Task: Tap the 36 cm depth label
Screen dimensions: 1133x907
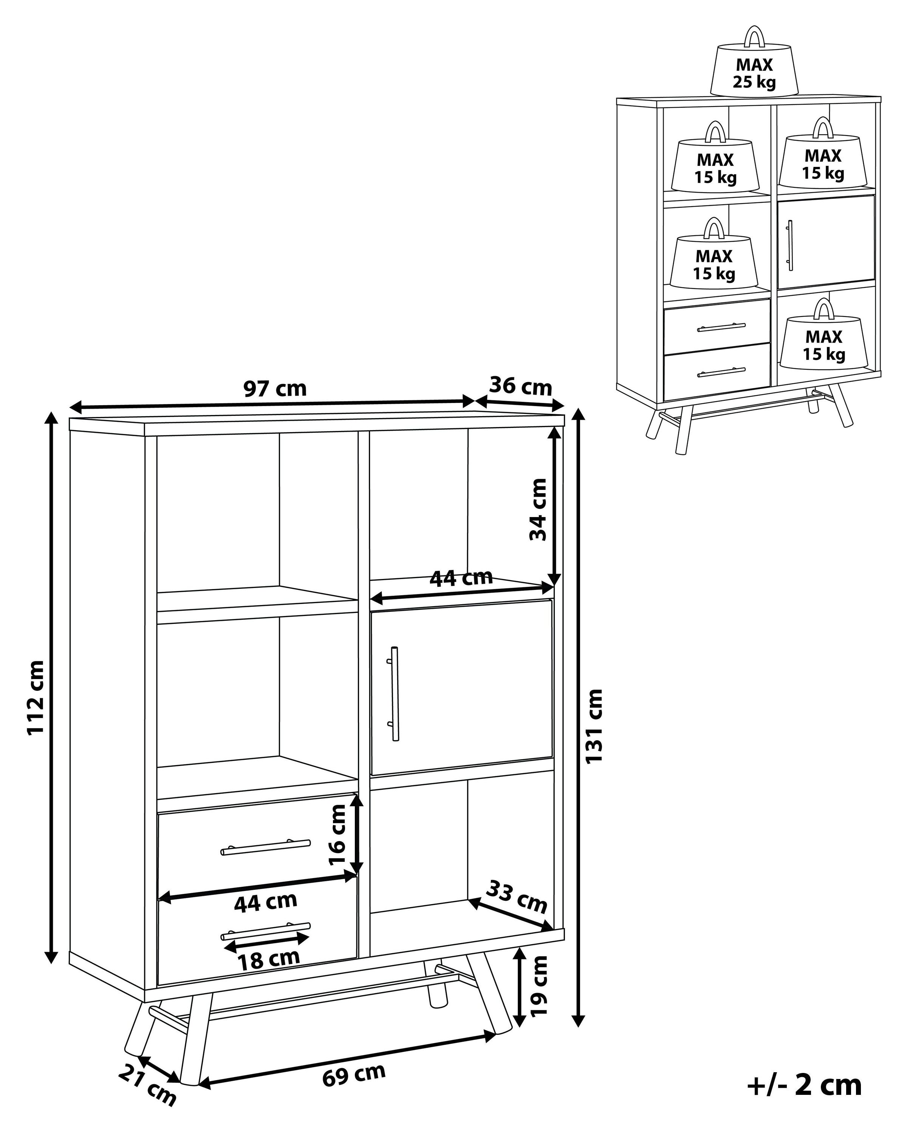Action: (520, 387)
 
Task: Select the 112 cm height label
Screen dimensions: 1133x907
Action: (36, 698)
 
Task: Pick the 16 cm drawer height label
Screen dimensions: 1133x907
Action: (337, 835)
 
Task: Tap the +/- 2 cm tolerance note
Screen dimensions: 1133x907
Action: (805, 1085)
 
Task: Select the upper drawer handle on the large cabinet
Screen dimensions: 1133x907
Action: (266, 847)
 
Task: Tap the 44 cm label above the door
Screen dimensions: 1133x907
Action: (461, 578)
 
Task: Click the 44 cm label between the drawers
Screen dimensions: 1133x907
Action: (266, 902)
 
